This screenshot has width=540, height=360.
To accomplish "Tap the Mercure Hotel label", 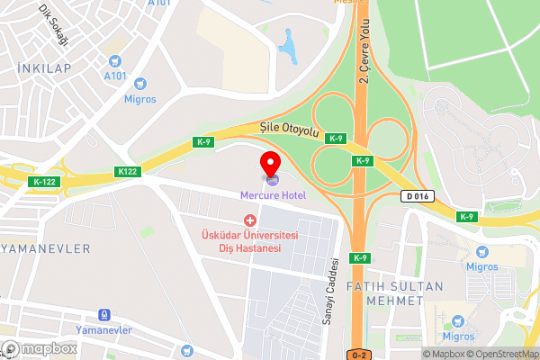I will point(273,195).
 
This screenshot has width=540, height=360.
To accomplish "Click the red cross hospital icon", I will point(250,220).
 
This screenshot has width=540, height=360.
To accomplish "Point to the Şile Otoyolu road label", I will point(290,131).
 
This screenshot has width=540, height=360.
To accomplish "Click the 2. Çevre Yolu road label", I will point(365,52).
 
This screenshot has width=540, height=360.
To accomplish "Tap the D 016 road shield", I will point(418,196).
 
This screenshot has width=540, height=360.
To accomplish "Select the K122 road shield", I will point(127,171).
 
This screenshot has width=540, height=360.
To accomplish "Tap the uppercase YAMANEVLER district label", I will point(46,247).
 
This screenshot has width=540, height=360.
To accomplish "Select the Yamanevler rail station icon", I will point(104,315).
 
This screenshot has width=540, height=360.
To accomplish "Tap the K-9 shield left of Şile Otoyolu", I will point(202,141).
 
